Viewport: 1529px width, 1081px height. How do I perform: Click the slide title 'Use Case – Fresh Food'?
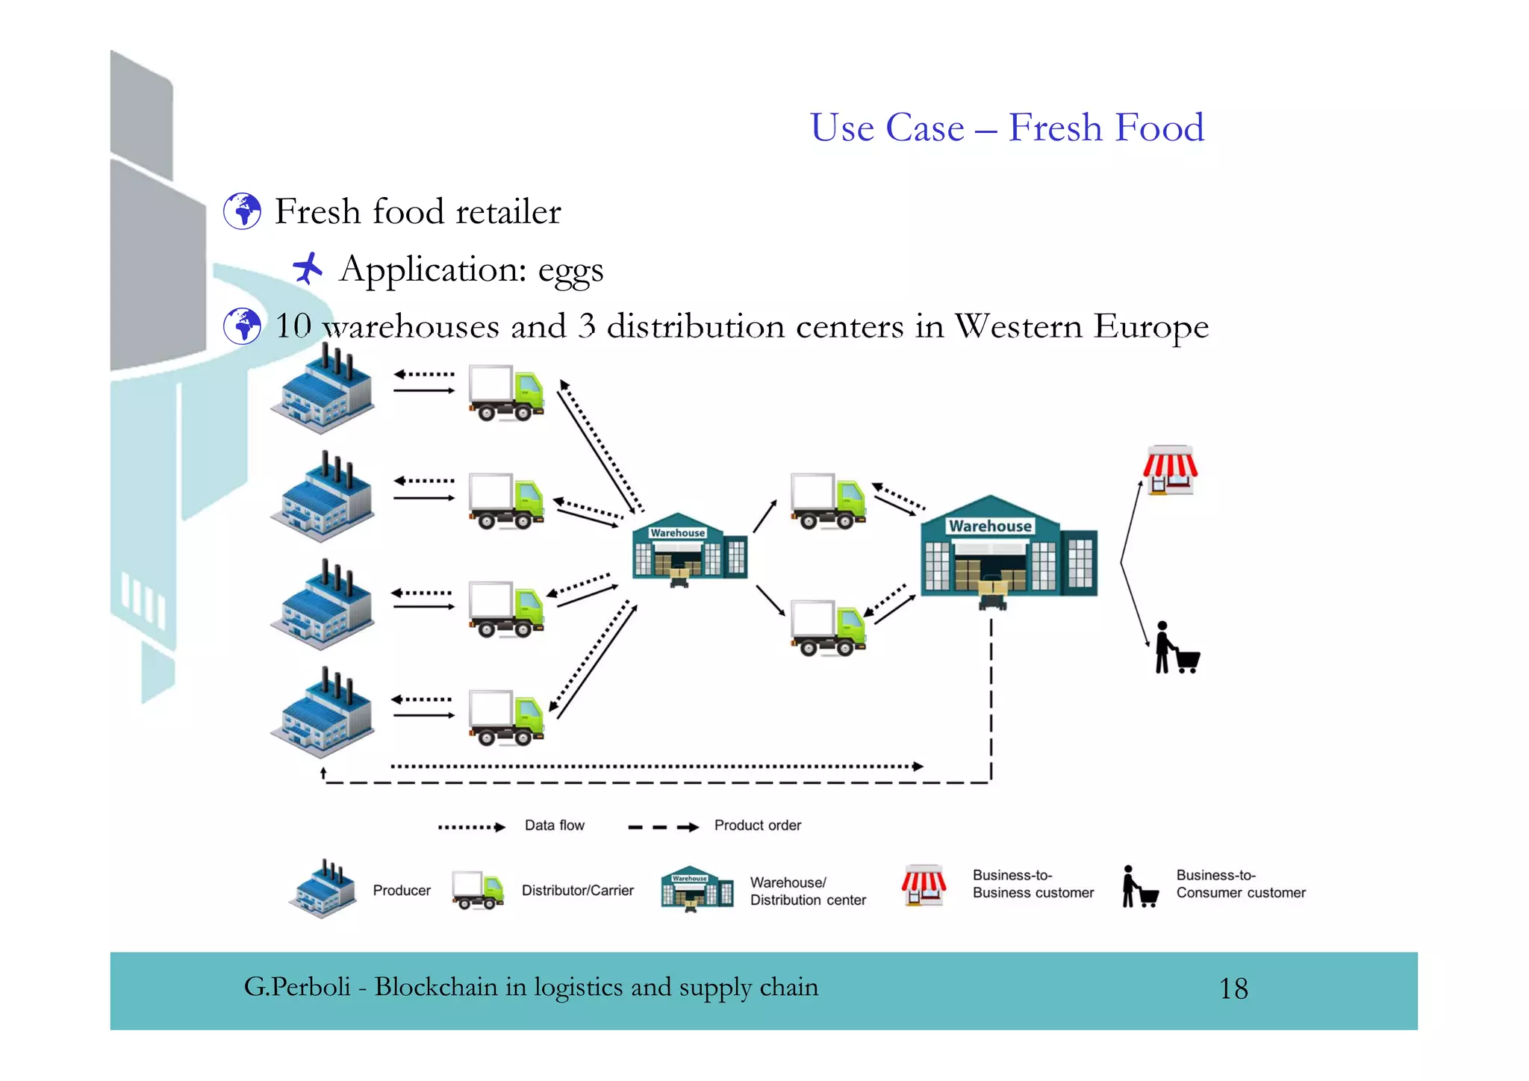(x=1006, y=128)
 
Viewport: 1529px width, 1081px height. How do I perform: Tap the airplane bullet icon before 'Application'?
(x=307, y=268)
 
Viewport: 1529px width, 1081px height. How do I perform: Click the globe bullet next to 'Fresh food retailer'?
(x=243, y=211)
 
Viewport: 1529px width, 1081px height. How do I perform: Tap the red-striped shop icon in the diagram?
(x=1170, y=470)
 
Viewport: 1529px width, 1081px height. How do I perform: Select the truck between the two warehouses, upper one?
(x=828, y=501)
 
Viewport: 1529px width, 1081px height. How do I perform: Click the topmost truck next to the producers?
(x=505, y=393)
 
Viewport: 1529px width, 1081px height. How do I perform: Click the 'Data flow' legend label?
(x=554, y=826)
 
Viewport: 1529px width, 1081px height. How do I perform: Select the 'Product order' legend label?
(x=757, y=826)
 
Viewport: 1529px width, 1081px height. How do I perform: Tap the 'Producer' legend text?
(x=402, y=891)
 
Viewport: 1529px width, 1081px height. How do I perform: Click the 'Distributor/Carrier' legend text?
(x=577, y=891)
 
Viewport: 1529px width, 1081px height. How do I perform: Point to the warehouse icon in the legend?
(x=697, y=889)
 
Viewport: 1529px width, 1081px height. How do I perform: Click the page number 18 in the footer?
(x=1233, y=989)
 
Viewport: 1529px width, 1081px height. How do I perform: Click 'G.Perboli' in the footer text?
(x=297, y=988)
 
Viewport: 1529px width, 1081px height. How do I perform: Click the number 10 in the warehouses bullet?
(x=293, y=326)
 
